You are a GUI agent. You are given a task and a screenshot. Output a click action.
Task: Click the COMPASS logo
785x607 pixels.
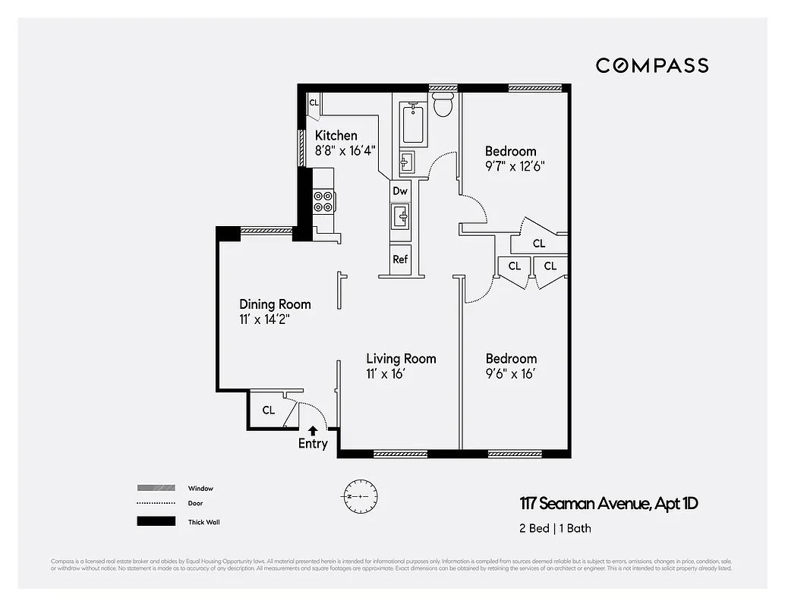[651, 65]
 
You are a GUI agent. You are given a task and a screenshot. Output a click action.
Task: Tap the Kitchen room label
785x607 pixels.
[336, 136]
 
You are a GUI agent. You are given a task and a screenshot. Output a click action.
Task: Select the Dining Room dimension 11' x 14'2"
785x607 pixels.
[265, 319]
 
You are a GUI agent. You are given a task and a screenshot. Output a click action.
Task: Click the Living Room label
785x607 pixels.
[401, 358]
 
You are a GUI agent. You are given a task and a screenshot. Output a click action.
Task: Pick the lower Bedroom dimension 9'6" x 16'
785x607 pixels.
[511, 373]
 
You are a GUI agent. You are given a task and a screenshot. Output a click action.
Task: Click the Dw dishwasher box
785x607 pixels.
[400, 191]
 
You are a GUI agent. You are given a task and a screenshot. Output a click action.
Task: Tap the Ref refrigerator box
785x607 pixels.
[400, 259]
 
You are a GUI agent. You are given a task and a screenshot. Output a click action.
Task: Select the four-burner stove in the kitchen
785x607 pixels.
[324, 200]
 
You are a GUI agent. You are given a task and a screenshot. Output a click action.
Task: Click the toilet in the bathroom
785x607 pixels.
[443, 107]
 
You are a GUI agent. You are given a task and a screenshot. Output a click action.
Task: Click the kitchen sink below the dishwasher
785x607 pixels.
[400, 217]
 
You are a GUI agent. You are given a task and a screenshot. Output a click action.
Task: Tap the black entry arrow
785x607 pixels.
[313, 430]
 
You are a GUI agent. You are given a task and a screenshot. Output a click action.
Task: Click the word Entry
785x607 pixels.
[313, 444]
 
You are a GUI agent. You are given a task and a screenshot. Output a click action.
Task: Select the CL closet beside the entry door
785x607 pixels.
[269, 410]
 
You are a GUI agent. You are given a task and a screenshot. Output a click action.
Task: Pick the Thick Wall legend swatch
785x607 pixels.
[156, 521]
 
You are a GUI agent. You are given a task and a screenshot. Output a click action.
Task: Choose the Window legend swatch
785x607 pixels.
[156, 488]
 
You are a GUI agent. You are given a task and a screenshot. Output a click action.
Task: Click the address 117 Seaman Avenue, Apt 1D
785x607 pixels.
[608, 503]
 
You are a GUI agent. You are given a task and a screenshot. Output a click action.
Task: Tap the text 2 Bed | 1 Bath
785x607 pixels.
[555, 528]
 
